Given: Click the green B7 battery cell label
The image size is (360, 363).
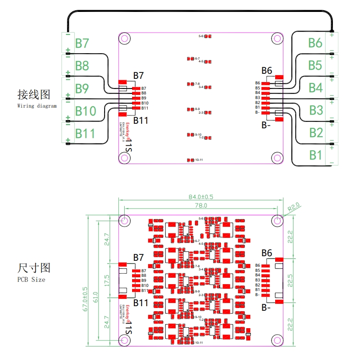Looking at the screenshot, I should pos(82,44).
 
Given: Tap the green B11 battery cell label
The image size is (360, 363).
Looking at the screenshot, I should pos(85,133).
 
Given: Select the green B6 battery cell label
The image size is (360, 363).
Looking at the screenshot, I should pos(315,43).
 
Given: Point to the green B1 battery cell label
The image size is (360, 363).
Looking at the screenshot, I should pos(315,155).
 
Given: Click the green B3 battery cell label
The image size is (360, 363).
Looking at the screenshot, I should pos(316,110).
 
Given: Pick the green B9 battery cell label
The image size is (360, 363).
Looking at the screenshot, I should pos(82,88).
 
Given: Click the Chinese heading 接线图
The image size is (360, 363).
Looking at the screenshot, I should pos(33,95).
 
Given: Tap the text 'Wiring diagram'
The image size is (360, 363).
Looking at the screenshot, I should pos(37,106).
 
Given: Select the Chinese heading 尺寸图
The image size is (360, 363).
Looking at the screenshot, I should pos(33,268).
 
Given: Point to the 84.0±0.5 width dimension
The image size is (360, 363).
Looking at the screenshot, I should pos(201,197).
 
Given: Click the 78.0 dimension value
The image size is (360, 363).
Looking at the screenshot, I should pos(201,206).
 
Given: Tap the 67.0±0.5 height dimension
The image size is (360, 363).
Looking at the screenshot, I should pos(85,299).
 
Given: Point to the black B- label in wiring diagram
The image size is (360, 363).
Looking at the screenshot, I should pos(266,124).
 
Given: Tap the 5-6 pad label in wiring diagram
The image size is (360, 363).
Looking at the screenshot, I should pos(201,36).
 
